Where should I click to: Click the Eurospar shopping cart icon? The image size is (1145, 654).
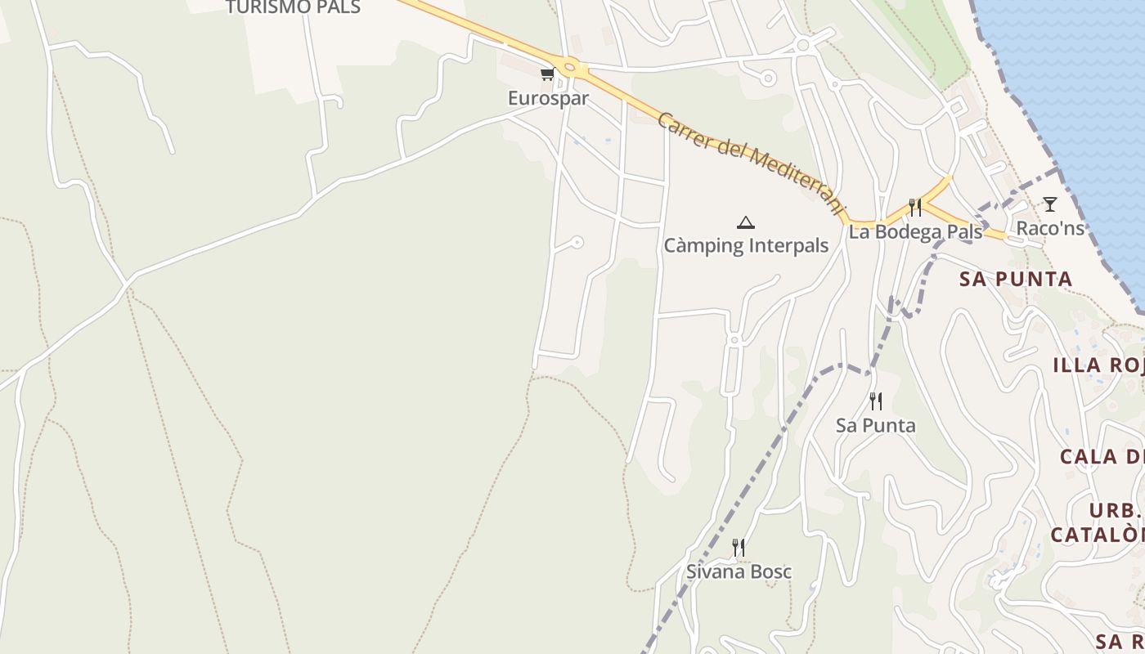tap(547, 74)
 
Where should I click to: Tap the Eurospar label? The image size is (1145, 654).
tap(548, 98)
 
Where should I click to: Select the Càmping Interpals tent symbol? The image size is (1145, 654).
tap(745, 222)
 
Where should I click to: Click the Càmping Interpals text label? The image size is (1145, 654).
tap(746, 245)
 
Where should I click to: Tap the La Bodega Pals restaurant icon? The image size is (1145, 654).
tap(915, 208)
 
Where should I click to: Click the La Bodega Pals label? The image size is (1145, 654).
tap(915, 232)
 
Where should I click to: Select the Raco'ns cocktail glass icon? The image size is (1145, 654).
tap(1049, 204)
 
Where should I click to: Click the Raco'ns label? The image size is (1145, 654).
tap(1050, 228)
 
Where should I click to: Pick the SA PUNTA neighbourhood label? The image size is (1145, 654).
tap(1016, 279)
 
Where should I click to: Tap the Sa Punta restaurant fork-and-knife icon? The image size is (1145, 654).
tap(876, 401)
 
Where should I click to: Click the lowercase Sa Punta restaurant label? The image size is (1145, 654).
tap(875, 425)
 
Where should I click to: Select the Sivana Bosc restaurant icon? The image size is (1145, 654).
tap(739, 547)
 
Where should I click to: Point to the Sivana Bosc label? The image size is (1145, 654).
tap(739, 571)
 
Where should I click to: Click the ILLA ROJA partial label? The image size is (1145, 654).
tap(1098, 365)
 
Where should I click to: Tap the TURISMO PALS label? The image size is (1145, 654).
tap(293, 7)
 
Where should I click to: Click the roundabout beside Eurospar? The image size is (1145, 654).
tap(570, 69)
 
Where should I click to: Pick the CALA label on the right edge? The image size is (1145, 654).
tap(1101, 456)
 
